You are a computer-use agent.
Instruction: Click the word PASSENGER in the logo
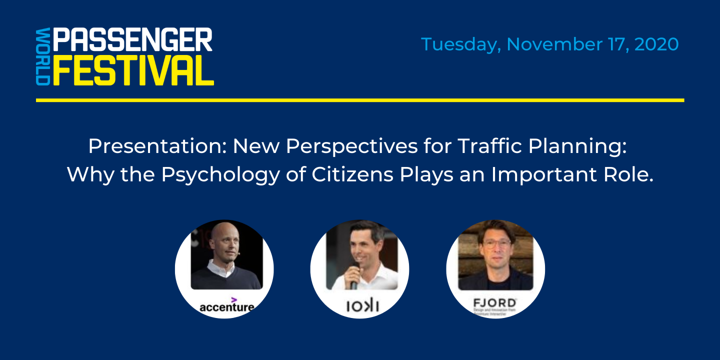[132, 40]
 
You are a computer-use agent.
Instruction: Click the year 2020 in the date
[656, 44]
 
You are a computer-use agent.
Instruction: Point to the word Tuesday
[460, 45]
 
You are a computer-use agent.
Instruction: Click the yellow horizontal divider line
[360, 100]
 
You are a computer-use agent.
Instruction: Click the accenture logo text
[226, 306]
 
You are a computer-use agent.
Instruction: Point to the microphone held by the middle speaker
[354, 275]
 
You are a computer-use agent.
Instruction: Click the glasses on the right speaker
[496, 244]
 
